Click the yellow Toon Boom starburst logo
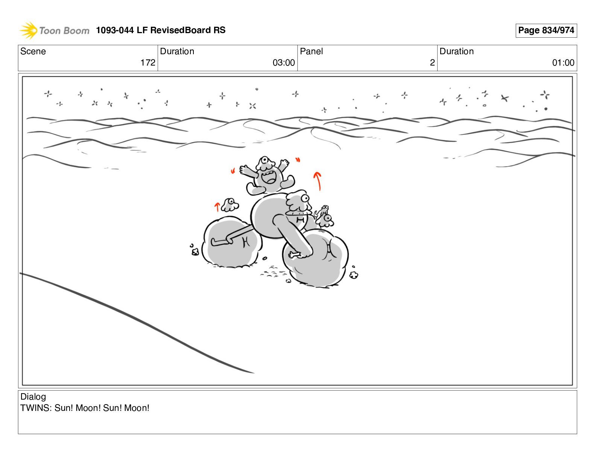[x=29, y=30]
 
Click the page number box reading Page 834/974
[x=546, y=31]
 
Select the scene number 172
[x=148, y=63]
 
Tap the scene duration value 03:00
[x=284, y=63]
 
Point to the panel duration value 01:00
[x=563, y=63]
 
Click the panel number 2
[x=432, y=63]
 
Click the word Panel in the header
[x=311, y=51]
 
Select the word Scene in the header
[x=33, y=51]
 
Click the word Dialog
[x=33, y=397]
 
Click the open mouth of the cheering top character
[x=269, y=177]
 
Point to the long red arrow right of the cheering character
[x=318, y=181]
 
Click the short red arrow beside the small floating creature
[x=217, y=207]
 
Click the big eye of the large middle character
[x=305, y=198]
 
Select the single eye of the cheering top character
[x=265, y=160]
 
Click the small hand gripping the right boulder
[x=295, y=255]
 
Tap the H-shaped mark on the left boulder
[x=246, y=242]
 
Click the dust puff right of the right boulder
[x=354, y=275]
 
